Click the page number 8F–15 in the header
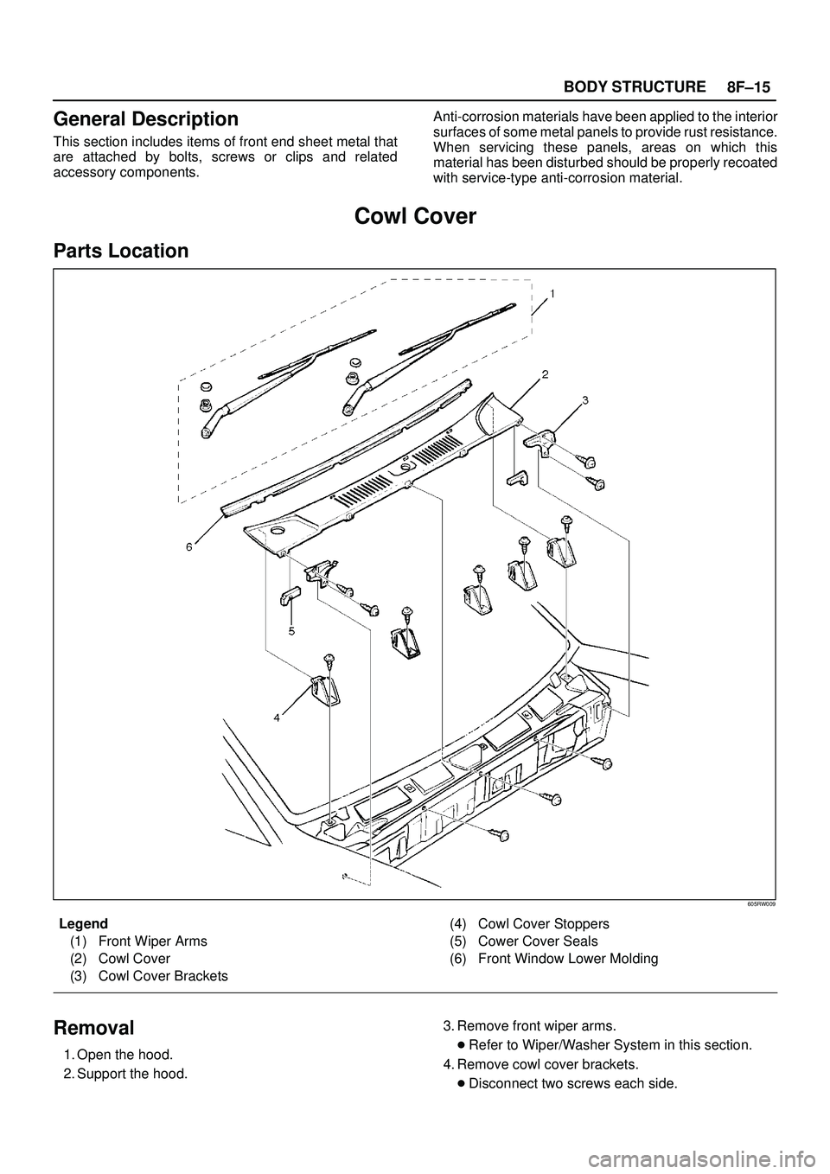[x=749, y=86]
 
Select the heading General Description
[x=145, y=118]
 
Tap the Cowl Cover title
[x=415, y=216]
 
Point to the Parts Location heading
[x=120, y=251]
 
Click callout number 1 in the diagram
[x=552, y=292]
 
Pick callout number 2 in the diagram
[x=546, y=374]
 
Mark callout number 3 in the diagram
[x=585, y=400]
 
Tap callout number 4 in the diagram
[x=277, y=717]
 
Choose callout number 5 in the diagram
[x=291, y=631]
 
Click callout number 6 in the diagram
[x=188, y=546]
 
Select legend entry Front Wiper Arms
[x=152, y=941]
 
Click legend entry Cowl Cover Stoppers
[x=543, y=922]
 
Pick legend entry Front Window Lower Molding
[x=567, y=959]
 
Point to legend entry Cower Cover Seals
[x=537, y=941]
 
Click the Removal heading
[x=93, y=1028]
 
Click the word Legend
[x=83, y=923]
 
